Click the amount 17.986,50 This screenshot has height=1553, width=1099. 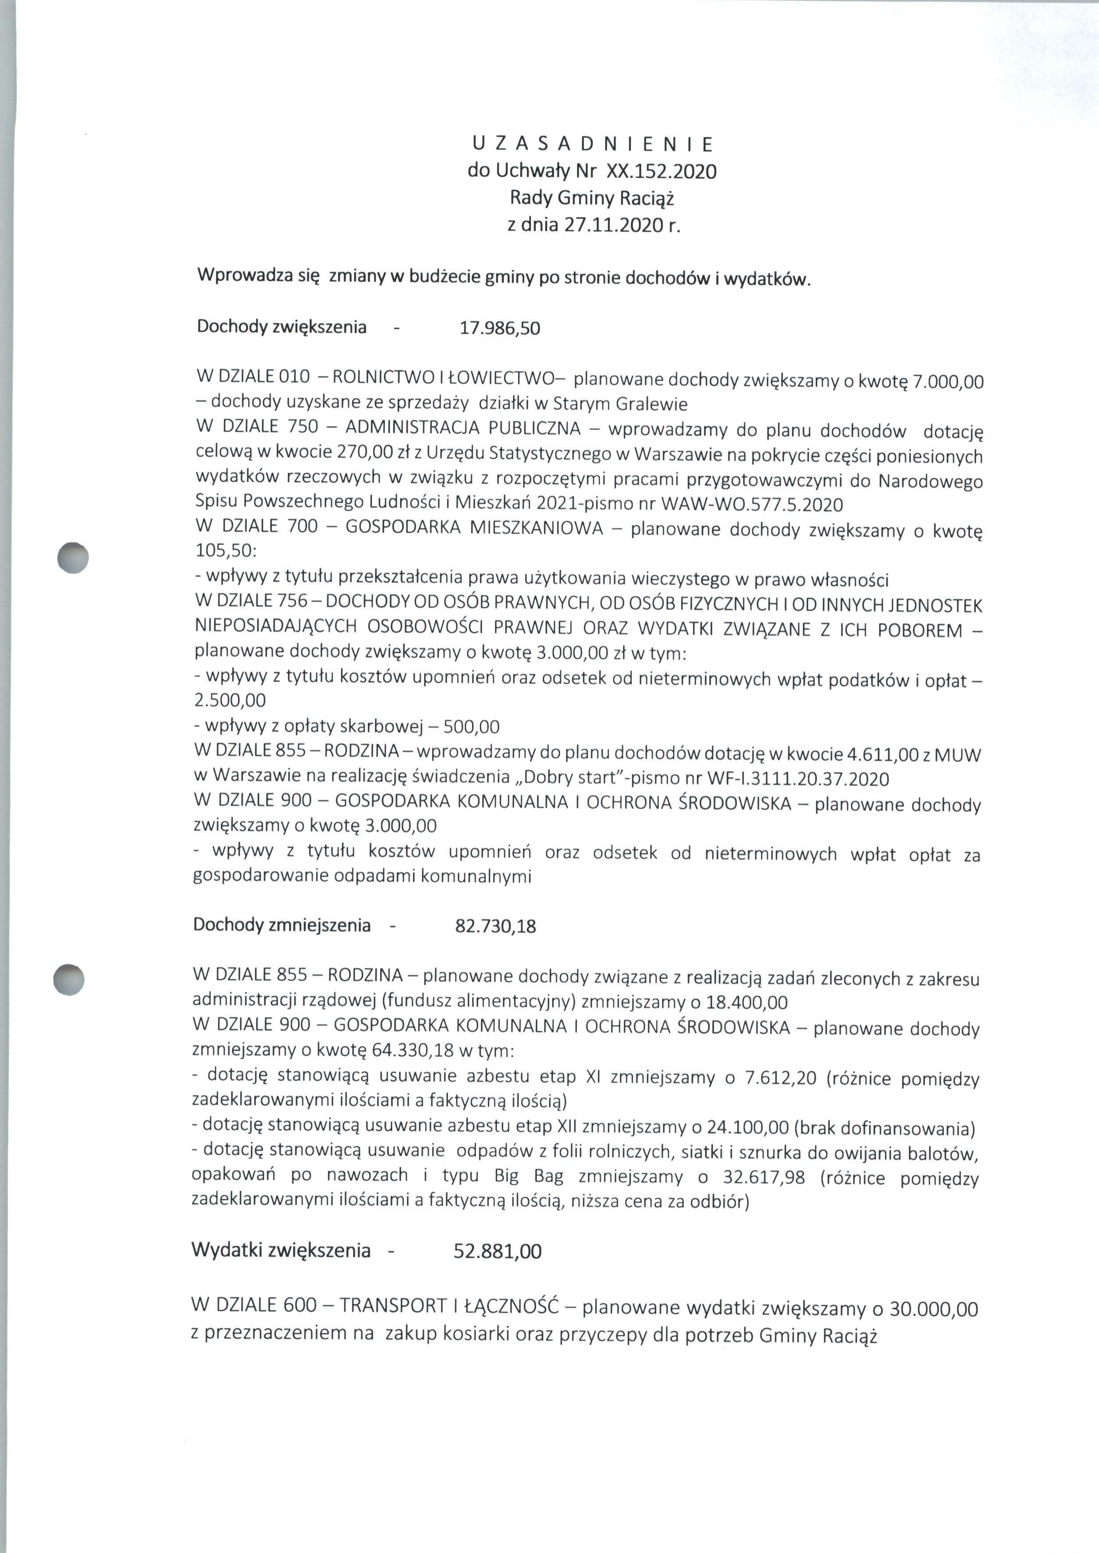click(x=499, y=329)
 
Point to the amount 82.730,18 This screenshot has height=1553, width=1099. click(x=495, y=926)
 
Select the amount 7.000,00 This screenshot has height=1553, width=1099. click(x=947, y=382)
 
